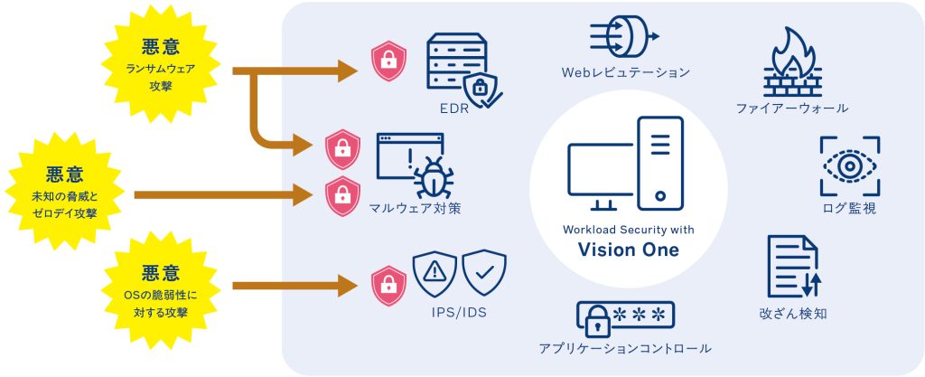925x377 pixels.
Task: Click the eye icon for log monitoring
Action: pos(849,166)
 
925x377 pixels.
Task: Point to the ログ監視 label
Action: pos(849,210)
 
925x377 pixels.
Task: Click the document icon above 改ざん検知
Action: pos(792,268)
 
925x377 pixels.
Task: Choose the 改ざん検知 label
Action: pos(792,314)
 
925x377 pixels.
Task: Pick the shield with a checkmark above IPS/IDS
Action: pos(484,270)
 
